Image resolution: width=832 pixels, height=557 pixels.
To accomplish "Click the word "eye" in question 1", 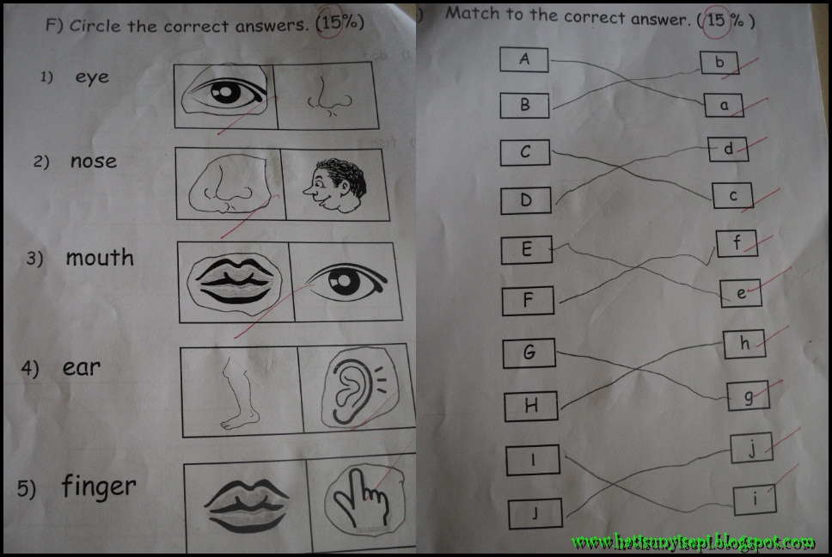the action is pyautogui.click(x=92, y=77).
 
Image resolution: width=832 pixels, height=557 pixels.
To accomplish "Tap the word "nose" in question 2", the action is pyautogui.click(x=94, y=161).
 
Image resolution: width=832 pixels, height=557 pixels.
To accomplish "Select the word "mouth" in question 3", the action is pyautogui.click(x=100, y=257).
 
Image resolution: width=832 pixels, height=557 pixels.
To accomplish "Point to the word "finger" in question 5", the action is pyautogui.click(x=99, y=487).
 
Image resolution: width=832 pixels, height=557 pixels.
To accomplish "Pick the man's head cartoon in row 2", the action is pyautogui.click(x=335, y=185).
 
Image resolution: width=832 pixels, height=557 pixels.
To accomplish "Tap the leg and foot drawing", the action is pyautogui.click(x=239, y=392).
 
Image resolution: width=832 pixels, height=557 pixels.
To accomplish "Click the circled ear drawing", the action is pyautogui.click(x=354, y=389).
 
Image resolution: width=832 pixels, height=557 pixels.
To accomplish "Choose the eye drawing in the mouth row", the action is pyautogui.click(x=347, y=282).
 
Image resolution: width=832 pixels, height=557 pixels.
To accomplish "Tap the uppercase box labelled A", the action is pyautogui.click(x=524, y=59).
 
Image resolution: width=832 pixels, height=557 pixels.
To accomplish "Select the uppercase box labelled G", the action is pyautogui.click(x=529, y=352).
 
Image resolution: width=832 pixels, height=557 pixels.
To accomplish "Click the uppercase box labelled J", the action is pyautogui.click(x=535, y=513).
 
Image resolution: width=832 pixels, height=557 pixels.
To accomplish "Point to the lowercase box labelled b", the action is pyautogui.click(x=719, y=63).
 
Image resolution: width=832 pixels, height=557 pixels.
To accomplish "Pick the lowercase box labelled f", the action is pyautogui.click(x=737, y=243).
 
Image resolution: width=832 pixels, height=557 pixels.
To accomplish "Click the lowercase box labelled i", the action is pyautogui.click(x=755, y=499).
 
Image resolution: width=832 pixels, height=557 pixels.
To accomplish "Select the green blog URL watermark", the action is pyautogui.click(x=693, y=542).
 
